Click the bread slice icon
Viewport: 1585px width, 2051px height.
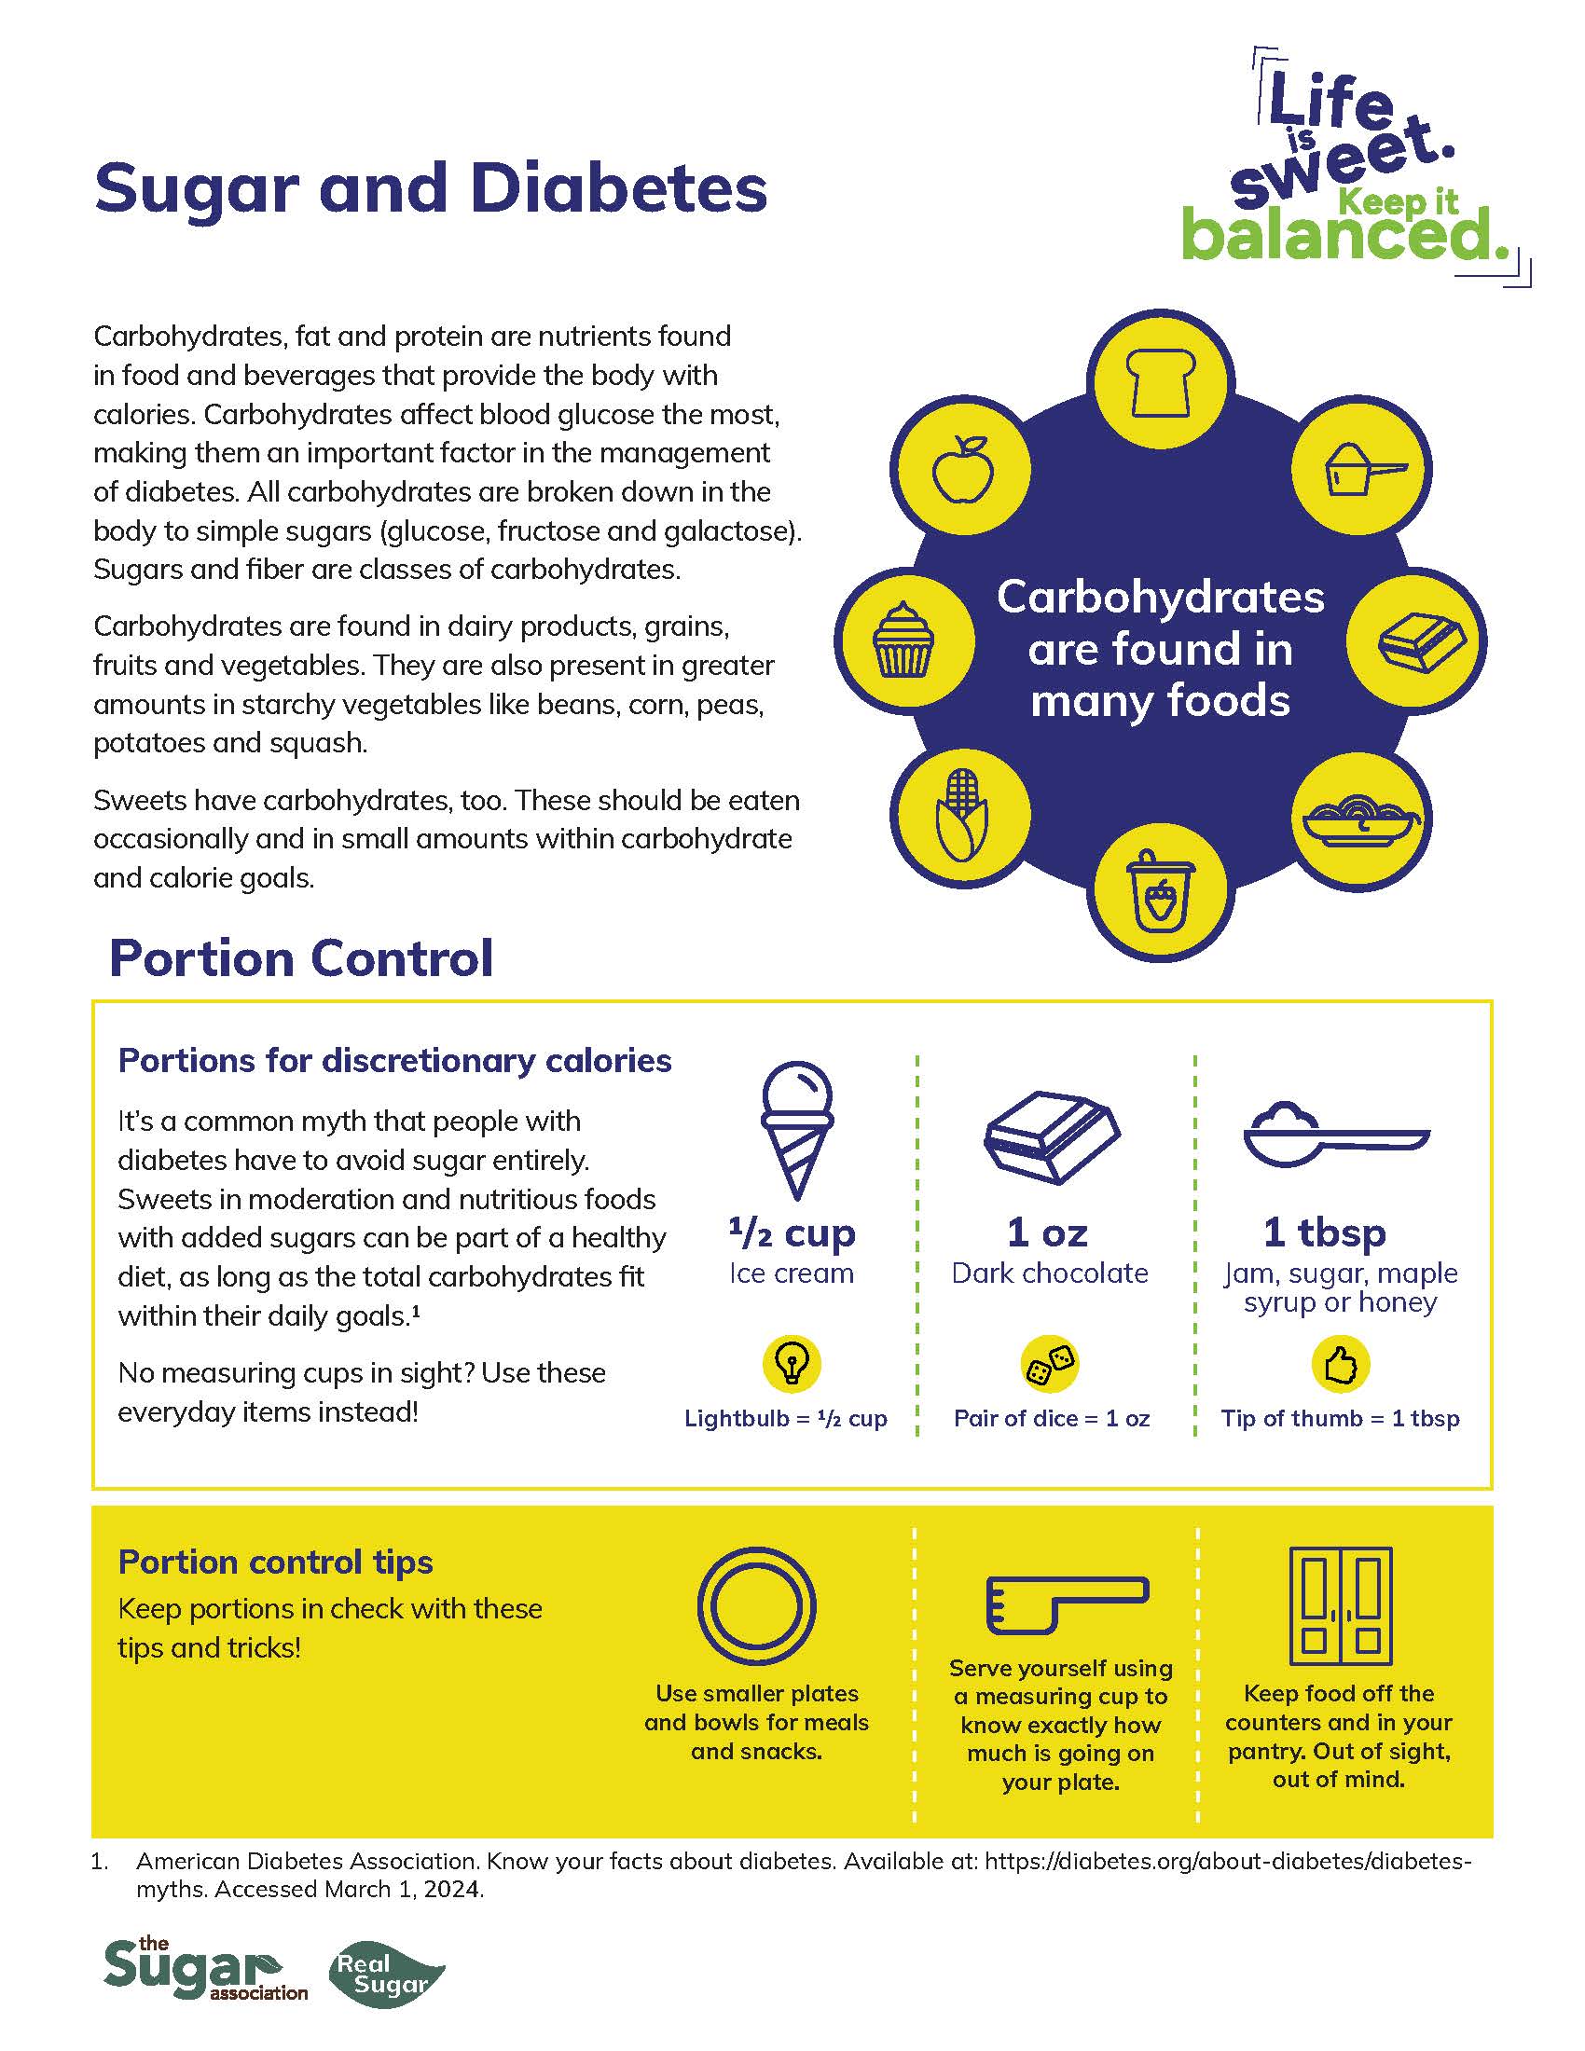point(1161,382)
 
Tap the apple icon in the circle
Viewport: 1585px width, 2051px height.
point(960,469)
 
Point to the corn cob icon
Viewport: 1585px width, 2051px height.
point(960,814)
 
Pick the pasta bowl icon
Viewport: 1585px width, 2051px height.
point(1361,816)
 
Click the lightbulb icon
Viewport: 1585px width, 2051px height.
point(792,1363)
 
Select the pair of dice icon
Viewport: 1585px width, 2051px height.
point(1050,1364)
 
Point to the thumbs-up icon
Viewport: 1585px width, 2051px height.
point(1340,1365)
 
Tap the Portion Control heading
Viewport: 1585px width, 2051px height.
point(301,958)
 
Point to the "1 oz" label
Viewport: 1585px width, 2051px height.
point(1047,1232)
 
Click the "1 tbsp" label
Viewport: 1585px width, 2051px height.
point(1324,1232)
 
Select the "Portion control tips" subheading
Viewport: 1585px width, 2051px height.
point(275,1562)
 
